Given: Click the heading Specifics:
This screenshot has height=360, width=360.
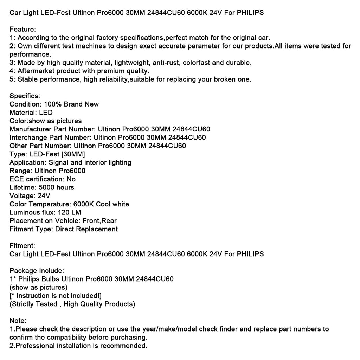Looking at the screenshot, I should (25, 96).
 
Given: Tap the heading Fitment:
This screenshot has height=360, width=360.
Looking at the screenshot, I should (22, 246).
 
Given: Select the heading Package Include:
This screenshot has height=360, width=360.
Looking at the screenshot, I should (37, 271).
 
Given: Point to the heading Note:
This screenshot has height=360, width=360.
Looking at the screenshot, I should (18, 321).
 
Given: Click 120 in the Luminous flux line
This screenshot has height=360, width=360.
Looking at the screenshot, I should (62, 212).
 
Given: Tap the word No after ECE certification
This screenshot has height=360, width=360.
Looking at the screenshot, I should (71, 179).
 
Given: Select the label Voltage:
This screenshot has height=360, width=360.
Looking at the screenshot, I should (22, 196).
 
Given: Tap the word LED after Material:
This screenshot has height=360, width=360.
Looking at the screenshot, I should (46, 112).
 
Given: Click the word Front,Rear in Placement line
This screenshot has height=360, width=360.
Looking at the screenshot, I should (99, 221).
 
